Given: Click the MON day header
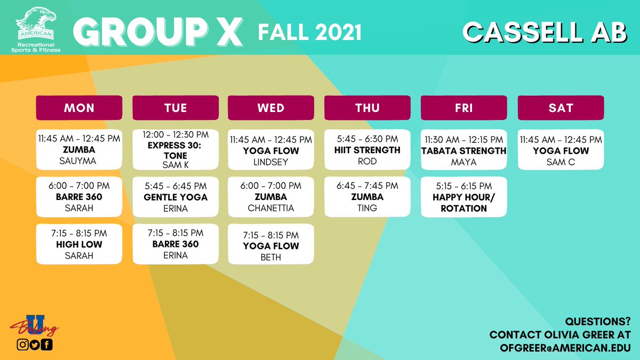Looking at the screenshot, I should coord(79,108).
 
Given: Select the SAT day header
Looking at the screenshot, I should coord(561,108).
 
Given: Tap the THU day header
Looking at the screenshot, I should coord(367,108).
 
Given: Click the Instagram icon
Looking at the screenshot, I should coord(22,345).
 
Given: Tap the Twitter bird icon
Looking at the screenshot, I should coord(35,345).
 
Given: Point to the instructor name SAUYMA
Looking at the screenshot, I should coord(79,161).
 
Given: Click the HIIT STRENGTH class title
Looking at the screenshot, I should coord(367,150).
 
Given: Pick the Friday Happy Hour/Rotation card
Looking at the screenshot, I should coord(464,197).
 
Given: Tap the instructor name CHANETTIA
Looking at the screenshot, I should coord(271,208).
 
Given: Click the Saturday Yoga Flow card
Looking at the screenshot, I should coord(561,150).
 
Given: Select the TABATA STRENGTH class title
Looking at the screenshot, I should coord(464,150).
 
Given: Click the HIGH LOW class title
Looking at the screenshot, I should coord(79,244).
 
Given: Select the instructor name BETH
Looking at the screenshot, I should coord(271,257).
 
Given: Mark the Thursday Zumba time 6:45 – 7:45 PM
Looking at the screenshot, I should coord(367,186).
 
